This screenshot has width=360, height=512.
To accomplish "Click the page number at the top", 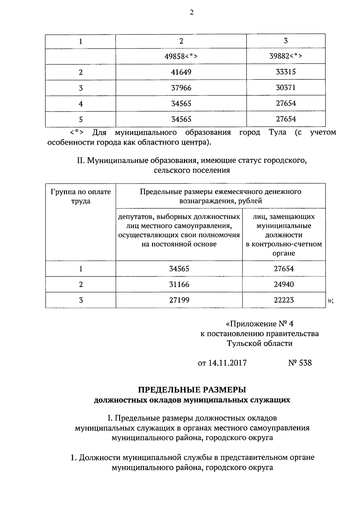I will (x=192, y=12).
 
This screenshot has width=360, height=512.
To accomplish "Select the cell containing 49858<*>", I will (x=181, y=56).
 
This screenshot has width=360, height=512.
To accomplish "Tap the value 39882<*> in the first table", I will (x=286, y=56).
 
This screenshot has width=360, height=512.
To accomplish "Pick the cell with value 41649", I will (x=181, y=72).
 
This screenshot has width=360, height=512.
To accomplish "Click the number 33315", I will (x=286, y=72).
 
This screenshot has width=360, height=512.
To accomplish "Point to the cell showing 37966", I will (x=181, y=88).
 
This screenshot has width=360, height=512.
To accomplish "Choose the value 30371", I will (x=286, y=88).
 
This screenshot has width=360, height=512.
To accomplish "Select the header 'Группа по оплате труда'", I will (x=81, y=196).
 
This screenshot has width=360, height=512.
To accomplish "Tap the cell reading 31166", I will (x=179, y=284).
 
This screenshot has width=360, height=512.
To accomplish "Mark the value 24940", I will (x=284, y=284).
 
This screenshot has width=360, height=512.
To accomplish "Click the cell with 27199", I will (x=179, y=300).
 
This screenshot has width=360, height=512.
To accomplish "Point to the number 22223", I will (x=284, y=300).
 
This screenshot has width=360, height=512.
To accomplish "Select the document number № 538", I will (x=300, y=363).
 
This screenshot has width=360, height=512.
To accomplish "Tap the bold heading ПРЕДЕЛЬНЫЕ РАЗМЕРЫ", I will (x=192, y=390).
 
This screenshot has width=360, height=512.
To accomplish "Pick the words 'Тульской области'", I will (x=259, y=343).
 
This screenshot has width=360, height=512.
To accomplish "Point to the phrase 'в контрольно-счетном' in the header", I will (x=284, y=244).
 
